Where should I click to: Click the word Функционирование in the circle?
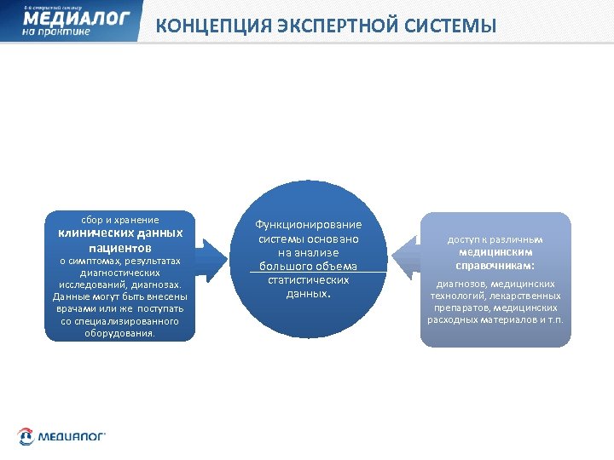(x=308, y=224)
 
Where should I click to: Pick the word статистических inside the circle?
(x=308, y=279)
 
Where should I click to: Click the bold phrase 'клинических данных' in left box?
(x=119, y=233)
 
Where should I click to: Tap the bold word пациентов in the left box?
(x=119, y=247)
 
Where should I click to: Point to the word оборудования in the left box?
(x=119, y=333)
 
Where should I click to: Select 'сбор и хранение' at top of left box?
(x=119, y=219)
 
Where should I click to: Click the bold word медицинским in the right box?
(x=495, y=252)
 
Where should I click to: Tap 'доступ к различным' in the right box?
(x=495, y=239)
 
